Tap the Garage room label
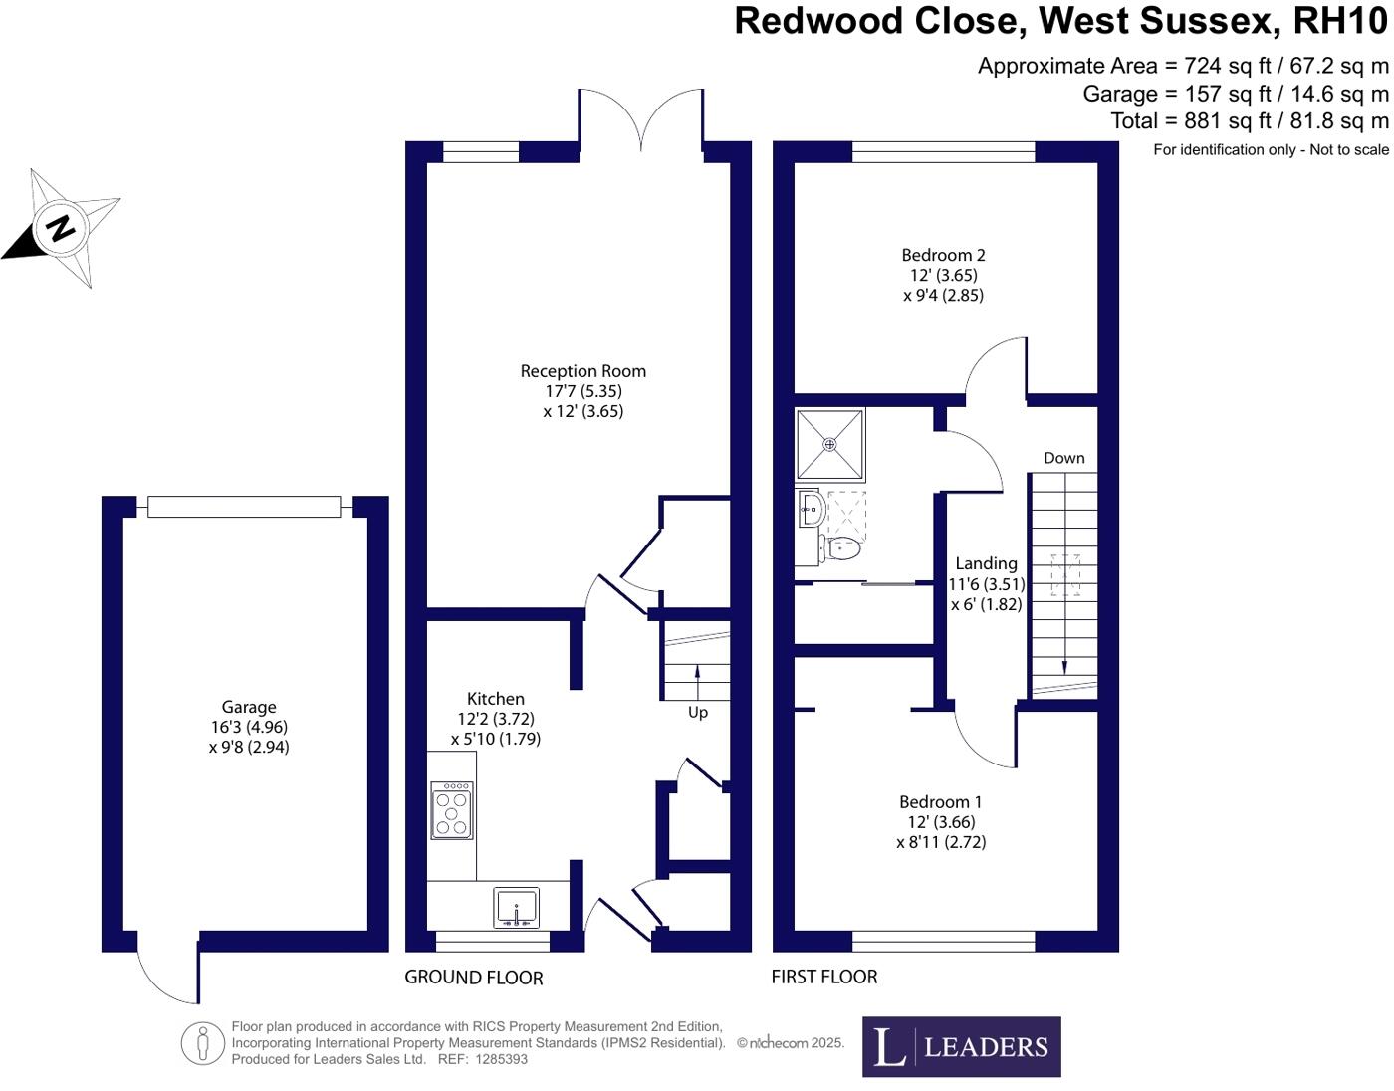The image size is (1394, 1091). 249,708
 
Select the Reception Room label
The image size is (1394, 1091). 582,371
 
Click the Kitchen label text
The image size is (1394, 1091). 496,699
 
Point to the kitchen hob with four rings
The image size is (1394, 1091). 451,810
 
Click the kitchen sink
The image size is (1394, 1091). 516,908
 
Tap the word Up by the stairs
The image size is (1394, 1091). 698,713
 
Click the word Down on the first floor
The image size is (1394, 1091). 1063,458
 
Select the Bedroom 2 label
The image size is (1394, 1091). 943,255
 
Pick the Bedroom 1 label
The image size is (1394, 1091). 940,802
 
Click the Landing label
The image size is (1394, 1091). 986,563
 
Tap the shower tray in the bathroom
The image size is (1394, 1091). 830,444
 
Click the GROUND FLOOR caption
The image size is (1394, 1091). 474,978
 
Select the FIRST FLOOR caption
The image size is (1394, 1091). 824,977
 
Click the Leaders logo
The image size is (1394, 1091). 961,1046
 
